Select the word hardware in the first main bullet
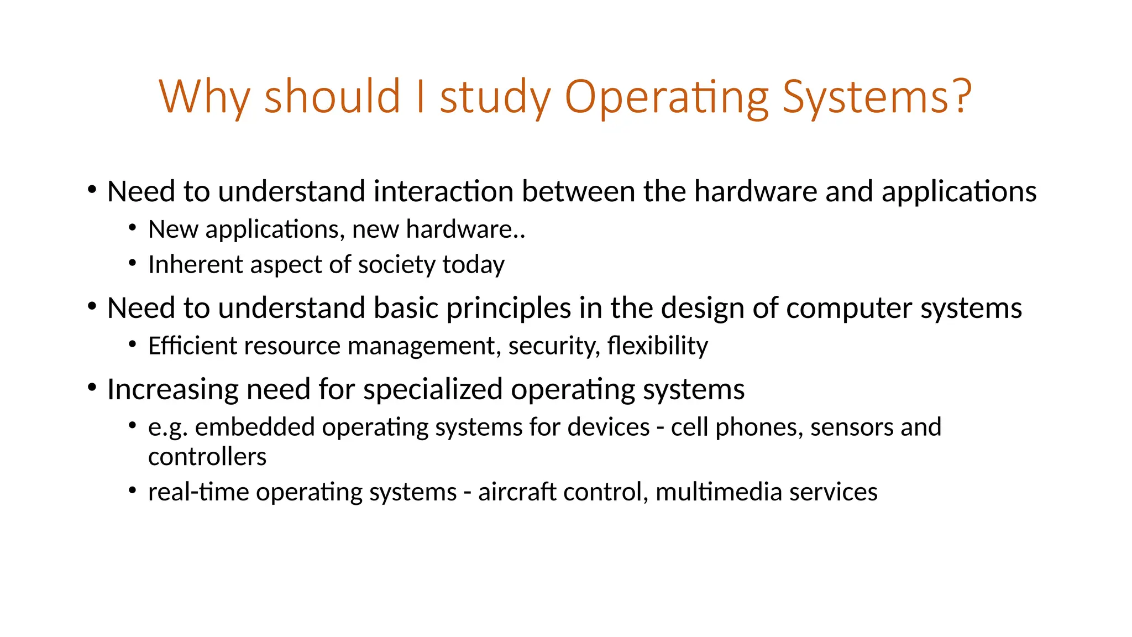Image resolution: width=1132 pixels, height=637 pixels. [x=756, y=192]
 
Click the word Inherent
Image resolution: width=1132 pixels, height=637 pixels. [x=196, y=265]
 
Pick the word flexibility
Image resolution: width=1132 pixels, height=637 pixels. [x=657, y=346]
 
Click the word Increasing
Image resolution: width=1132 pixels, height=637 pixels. [x=172, y=390]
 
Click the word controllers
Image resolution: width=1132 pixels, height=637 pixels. [x=207, y=457]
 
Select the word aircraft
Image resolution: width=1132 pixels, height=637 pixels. [x=517, y=492]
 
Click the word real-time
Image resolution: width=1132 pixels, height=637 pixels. [x=198, y=492]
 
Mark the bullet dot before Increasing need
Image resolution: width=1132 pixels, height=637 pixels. [x=92, y=387]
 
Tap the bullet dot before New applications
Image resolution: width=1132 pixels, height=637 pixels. [x=132, y=227]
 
